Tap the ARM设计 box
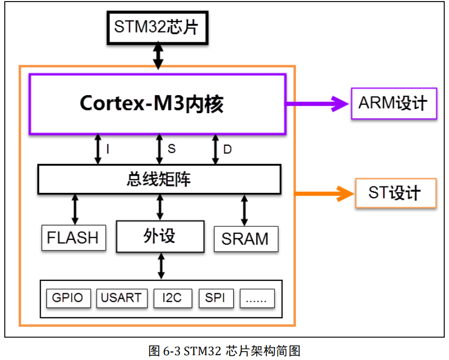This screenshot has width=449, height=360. [393, 103]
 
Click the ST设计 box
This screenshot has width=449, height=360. [395, 193]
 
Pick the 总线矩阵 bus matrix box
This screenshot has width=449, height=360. [159, 179]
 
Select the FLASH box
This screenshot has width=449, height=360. [73, 237]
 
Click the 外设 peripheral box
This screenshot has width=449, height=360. [160, 236]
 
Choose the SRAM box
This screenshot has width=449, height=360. [246, 238]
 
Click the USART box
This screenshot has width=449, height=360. [122, 298]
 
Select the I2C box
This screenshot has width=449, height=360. [172, 298]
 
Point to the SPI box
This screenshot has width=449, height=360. [216, 298]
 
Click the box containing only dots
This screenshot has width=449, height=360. [257, 298]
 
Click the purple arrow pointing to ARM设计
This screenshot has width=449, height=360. [318, 103]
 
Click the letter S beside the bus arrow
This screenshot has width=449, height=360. [171, 149]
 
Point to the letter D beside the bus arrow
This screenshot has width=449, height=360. [227, 150]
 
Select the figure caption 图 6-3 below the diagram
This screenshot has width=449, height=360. [224, 350]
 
